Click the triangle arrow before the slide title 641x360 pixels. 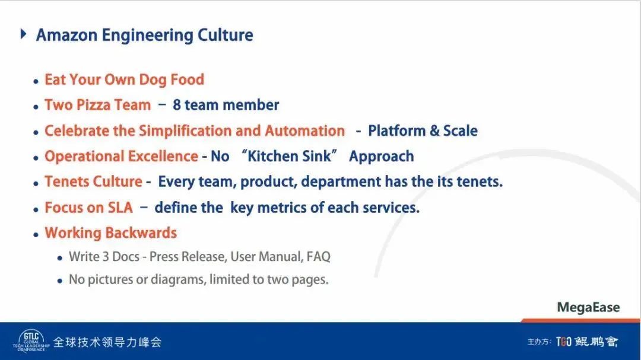(23, 34)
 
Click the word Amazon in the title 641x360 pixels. (66, 35)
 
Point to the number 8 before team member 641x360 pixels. (177, 105)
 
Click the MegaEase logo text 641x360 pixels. (588, 307)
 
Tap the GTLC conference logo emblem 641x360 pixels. (31, 341)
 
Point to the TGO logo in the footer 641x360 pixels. (564, 341)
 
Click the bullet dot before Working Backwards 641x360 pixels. (36, 234)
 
